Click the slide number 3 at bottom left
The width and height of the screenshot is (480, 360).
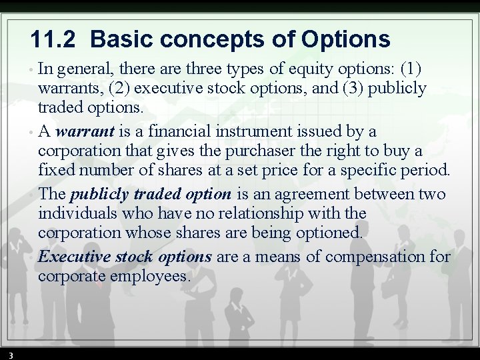pos(11,355)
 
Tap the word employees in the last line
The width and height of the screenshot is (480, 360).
pos(151,276)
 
